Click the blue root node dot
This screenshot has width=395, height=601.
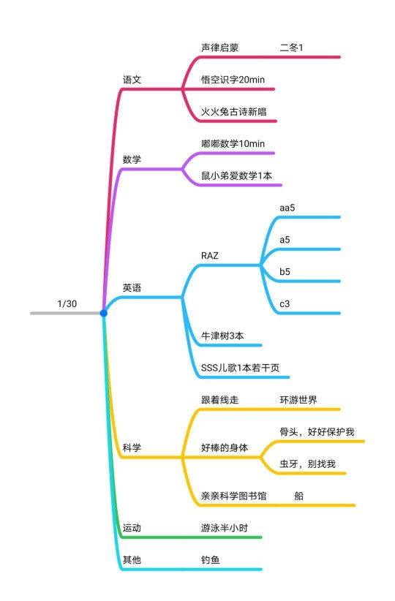click(104, 313)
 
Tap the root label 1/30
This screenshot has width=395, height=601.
click(67, 304)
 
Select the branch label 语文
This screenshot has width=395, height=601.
click(132, 80)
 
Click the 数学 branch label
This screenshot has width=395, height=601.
click(132, 159)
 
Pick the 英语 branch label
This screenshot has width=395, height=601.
click(132, 288)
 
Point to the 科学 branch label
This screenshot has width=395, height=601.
click(132, 447)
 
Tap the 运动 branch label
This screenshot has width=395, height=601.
click(132, 528)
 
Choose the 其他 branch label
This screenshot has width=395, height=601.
click(132, 560)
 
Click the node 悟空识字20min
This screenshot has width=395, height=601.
click(233, 80)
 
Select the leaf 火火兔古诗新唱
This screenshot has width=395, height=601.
click(233, 112)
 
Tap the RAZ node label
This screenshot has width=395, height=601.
click(210, 256)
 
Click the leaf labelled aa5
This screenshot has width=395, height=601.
click(287, 208)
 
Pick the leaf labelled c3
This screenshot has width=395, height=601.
click(285, 304)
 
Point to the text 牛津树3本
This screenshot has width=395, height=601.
click(222, 336)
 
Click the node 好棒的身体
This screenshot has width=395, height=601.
click(225, 447)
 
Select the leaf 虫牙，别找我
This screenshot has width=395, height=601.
click(307, 464)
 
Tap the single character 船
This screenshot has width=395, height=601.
click(298, 496)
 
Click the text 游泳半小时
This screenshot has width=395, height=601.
click(225, 528)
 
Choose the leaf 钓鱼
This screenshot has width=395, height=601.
click(210, 560)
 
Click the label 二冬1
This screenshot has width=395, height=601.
click(291, 48)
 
